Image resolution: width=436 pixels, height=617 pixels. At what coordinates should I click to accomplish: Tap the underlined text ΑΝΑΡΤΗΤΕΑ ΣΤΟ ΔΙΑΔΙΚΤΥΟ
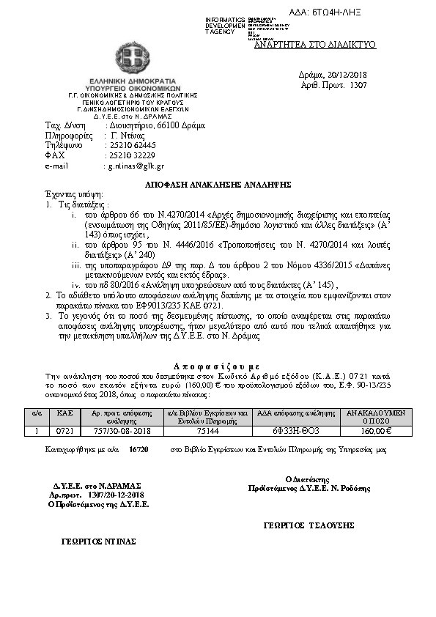pyautogui.click(x=314, y=45)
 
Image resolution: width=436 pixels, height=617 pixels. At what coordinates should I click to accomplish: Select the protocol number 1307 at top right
pyautogui.click(x=358, y=85)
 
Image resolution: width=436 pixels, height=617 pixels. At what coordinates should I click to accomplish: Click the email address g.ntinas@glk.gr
pyautogui.click(x=136, y=166)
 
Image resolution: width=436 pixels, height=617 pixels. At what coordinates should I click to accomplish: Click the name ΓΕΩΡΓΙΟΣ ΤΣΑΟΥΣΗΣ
pyautogui.click(x=308, y=525)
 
